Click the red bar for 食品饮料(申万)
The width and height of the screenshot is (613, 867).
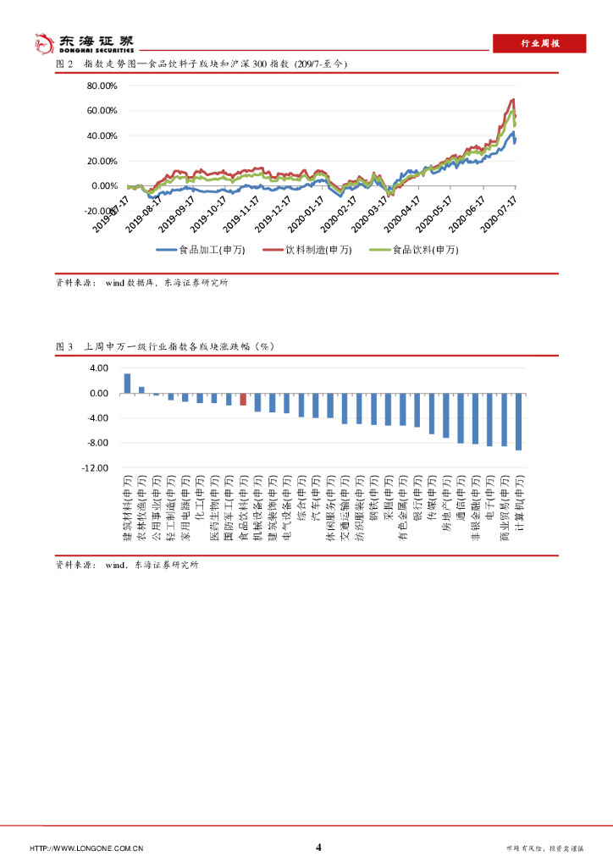click(x=243, y=400)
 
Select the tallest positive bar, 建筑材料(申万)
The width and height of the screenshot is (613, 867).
click(x=127, y=384)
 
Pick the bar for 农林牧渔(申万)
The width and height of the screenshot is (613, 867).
click(x=141, y=390)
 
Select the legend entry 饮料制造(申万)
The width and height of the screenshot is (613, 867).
click(x=304, y=250)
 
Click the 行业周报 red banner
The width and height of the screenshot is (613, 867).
click(x=539, y=44)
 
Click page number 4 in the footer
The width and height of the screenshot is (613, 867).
click(x=318, y=848)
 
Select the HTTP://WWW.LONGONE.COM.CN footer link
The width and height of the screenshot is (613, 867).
click(x=86, y=848)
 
